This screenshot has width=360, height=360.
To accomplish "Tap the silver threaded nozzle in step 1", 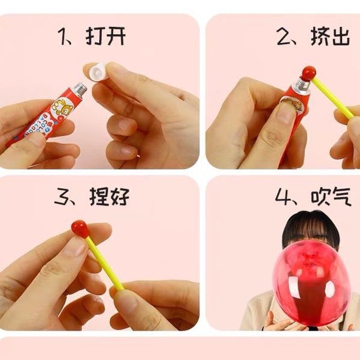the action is click(80, 90).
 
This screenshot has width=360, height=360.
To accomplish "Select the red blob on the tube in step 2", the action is click(308, 73).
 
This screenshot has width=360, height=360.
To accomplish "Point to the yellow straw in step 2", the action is click(333, 98).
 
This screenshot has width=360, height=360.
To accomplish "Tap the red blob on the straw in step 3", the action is click(80, 228).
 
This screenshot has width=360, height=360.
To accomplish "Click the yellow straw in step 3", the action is click(105, 263).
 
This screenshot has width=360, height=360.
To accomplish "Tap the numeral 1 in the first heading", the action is click(63, 37).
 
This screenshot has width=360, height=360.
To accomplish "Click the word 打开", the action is click(105, 36).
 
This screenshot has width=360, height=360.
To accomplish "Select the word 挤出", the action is click(330, 36).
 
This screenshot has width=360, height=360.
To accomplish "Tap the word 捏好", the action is click(109, 196).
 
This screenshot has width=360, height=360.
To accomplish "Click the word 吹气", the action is click(331, 196).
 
